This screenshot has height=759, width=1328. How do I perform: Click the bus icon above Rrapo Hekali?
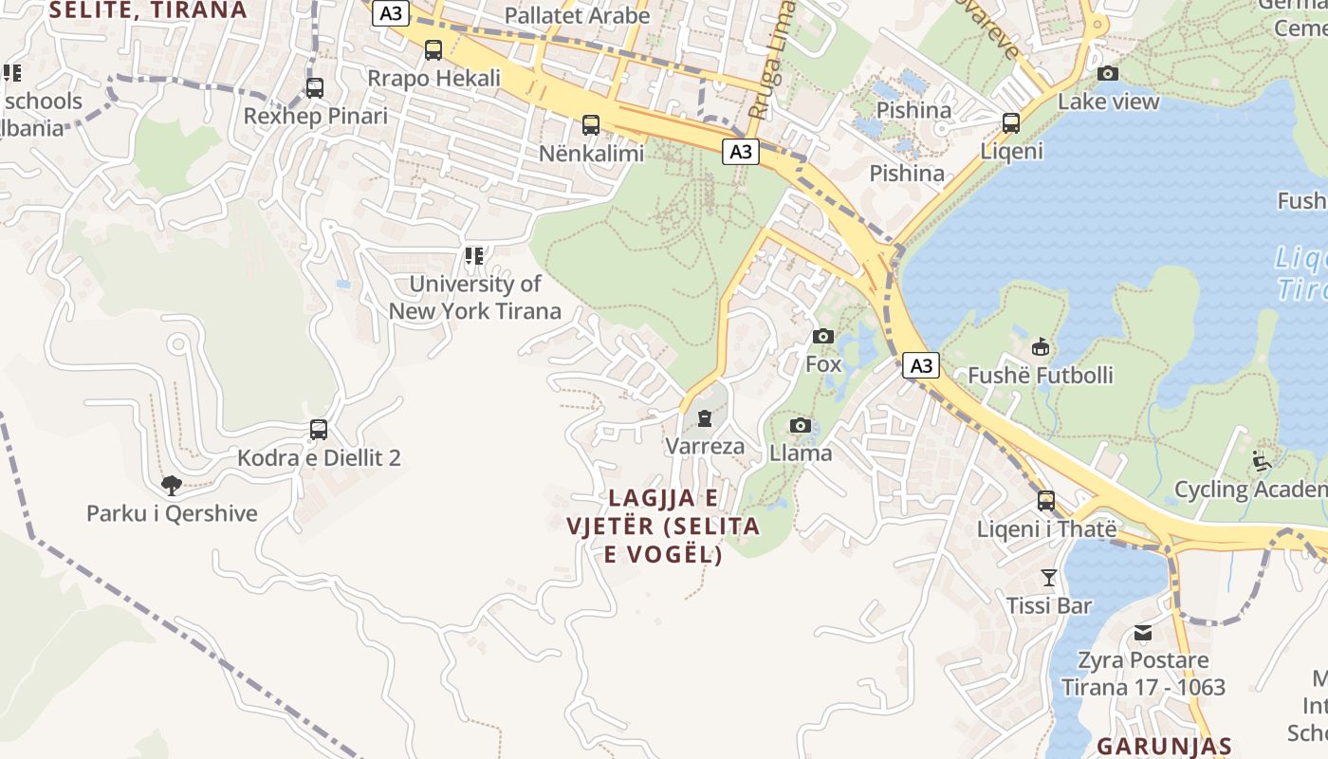point(433,50)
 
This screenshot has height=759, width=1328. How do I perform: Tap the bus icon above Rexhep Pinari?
point(315,88)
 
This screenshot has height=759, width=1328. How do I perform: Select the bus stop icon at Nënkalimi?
point(591,125)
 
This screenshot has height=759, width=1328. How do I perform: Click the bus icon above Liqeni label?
point(1011,123)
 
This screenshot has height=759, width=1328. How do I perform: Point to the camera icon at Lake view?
point(1108,74)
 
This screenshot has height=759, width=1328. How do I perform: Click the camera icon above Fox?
point(823,337)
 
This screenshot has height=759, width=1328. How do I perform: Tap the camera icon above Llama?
point(801,425)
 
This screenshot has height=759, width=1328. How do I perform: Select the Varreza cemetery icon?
point(705,418)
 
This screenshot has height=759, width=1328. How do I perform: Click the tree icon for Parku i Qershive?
point(172,487)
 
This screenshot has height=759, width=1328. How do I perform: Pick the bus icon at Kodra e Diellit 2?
point(319,430)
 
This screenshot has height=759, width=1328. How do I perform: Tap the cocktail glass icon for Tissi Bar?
point(1049,578)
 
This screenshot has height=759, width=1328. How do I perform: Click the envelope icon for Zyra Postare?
point(1143,633)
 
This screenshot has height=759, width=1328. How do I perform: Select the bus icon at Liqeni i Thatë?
point(1046,501)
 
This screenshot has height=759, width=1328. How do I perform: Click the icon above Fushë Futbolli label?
point(1041,347)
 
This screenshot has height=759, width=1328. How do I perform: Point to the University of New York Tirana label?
point(475,297)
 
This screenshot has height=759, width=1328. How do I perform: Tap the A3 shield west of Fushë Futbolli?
point(920,365)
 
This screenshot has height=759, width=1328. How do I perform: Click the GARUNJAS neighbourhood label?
point(1164,746)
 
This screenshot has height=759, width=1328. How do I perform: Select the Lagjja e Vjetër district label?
point(664,526)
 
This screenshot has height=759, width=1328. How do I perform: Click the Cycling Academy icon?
point(1262,461)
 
